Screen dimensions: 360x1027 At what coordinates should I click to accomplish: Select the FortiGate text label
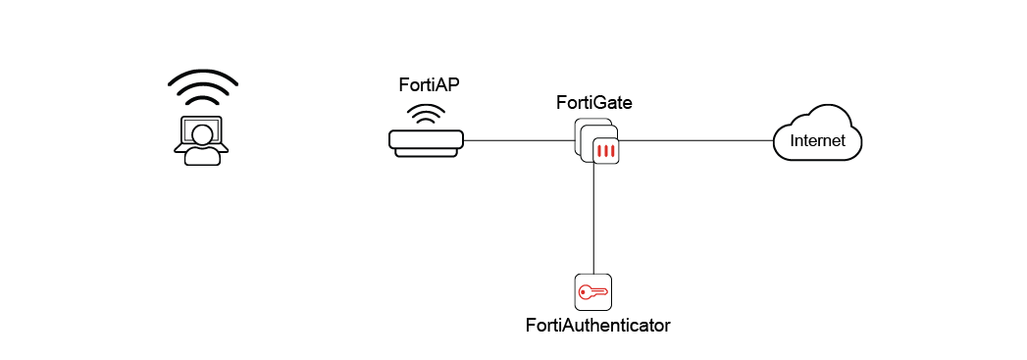click(593, 102)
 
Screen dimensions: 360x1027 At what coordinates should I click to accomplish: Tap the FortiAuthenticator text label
click(597, 324)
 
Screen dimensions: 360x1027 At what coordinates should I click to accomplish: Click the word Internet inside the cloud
click(817, 141)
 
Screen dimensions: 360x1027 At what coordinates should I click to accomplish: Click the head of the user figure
click(202, 133)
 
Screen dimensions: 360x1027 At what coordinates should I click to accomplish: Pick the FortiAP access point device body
click(426, 141)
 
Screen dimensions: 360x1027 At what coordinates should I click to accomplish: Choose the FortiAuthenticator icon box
click(593, 292)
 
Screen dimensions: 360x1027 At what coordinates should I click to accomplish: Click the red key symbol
click(593, 292)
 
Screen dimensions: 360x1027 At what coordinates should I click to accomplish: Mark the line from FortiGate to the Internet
click(696, 141)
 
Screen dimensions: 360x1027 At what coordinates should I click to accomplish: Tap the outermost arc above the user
click(202, 75)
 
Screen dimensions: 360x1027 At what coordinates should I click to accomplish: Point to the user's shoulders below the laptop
click(202, 157)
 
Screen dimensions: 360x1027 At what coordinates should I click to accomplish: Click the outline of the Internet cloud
click(817, 121)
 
